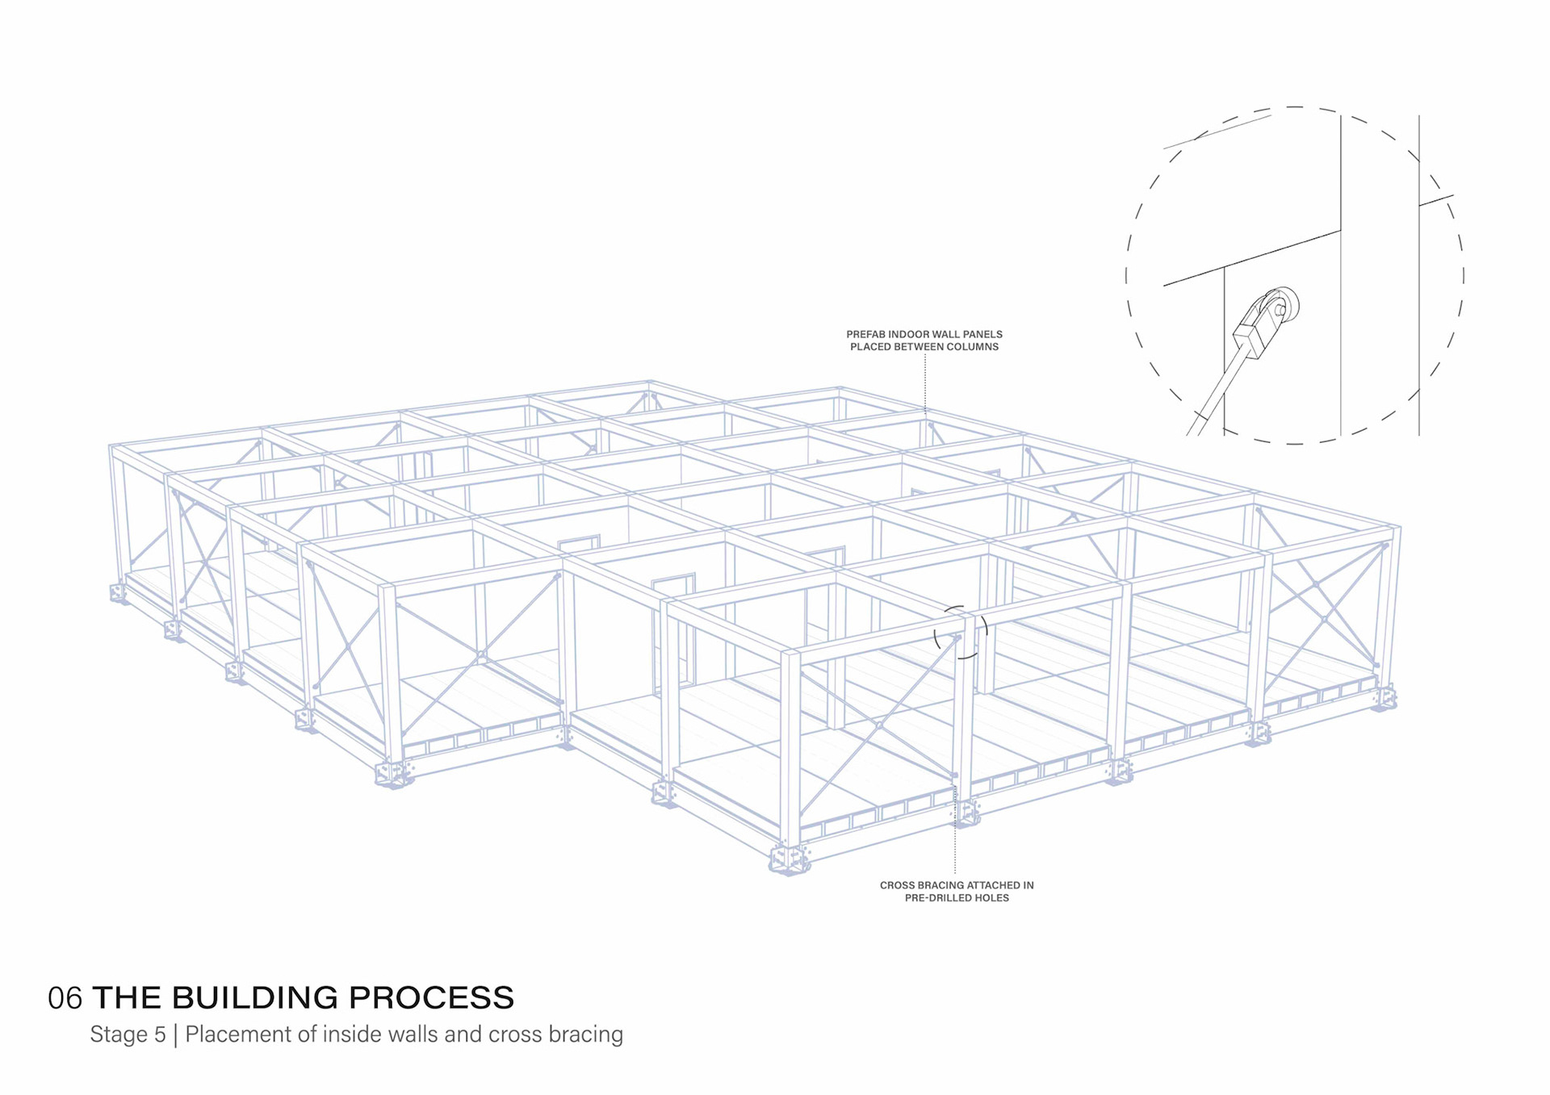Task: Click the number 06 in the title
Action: click(65, 998)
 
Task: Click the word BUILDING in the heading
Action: click(255, 998)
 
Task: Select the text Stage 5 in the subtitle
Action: click(128, 1034)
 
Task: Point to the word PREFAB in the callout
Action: click(865, 334)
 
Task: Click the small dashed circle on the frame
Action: click(961, 633)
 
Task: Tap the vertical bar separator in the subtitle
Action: click(176, 1034)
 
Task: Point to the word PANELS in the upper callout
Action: click(982, 334)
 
